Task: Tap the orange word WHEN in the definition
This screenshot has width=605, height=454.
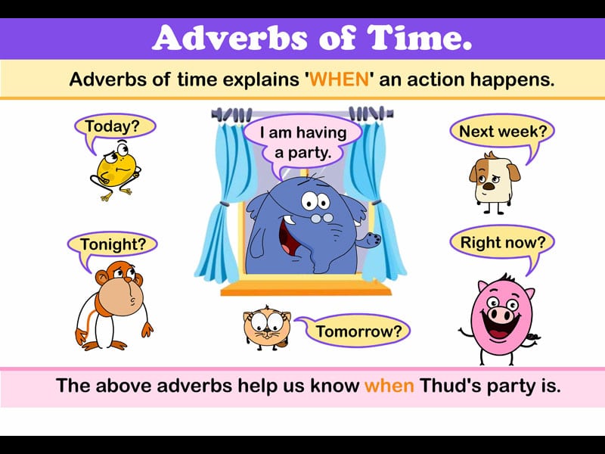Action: click(x=340, y=79)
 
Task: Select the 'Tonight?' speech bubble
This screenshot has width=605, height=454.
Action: click(x=112, y=245)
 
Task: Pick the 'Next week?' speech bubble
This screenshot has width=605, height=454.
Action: click(x=502, y=132)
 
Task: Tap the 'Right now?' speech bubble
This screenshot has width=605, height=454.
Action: click(x=502, y=243)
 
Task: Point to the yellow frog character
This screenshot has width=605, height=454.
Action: click(x=116, y=169)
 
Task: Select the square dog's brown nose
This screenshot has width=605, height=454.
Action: click(x=489, y=186)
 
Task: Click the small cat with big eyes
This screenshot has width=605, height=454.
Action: click(x=267, y=328)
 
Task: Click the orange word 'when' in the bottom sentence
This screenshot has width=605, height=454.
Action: click(x=389, y=386)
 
